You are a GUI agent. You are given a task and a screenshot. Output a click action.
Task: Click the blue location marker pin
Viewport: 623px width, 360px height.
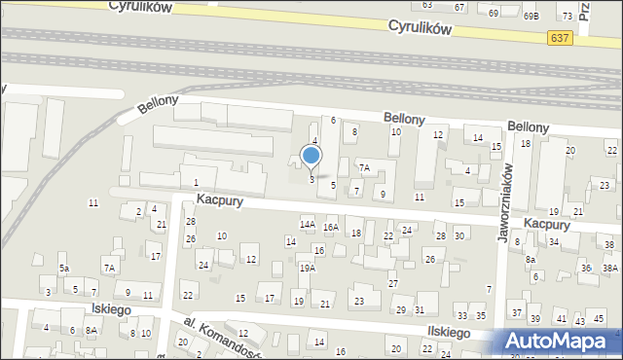pyautogui.click(x=311, y=156)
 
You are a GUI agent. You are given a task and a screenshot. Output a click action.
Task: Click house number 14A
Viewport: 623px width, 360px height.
pyautogui.click(x=307, y=225)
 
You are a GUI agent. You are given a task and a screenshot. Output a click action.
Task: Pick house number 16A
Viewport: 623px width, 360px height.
pyautogui.click(x=331, y=227)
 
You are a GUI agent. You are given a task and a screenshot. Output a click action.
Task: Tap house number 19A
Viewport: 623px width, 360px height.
pyautogui.click(x=307, y=268)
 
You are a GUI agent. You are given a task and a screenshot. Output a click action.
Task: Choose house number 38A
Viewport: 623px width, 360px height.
pyautogui.click(x=610, y=268)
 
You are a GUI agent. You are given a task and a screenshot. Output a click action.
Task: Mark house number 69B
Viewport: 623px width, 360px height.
pyautogui.click(x=530, y=16)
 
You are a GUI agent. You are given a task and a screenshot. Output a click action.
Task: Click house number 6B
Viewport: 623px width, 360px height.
pyautogui.click(x=535, y=275)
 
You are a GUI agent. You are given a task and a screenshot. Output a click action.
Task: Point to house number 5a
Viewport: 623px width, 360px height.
pyautogui.click(x=64, y=268)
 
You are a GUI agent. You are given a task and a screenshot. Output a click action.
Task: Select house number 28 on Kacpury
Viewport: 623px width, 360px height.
pyautogui.click(x=440, y=235)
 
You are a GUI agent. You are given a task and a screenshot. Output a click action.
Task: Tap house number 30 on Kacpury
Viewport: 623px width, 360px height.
pyautogui.click(x=459, y=235)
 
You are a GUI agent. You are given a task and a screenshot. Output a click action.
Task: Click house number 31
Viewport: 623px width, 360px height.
pyautogui.click(x=420, y=309)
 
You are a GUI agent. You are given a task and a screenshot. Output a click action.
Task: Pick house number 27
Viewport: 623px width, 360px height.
pyautogui.click(x=393, y=283)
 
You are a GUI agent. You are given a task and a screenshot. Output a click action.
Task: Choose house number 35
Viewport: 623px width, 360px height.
pyautogui.click(x=480, y=316)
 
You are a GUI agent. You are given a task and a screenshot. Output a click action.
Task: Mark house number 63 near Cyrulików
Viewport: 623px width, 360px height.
pyautogui.click(x=426, y=5)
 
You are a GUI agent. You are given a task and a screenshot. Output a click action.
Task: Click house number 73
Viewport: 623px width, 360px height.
pyautogui.click(x=567, y=17)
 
